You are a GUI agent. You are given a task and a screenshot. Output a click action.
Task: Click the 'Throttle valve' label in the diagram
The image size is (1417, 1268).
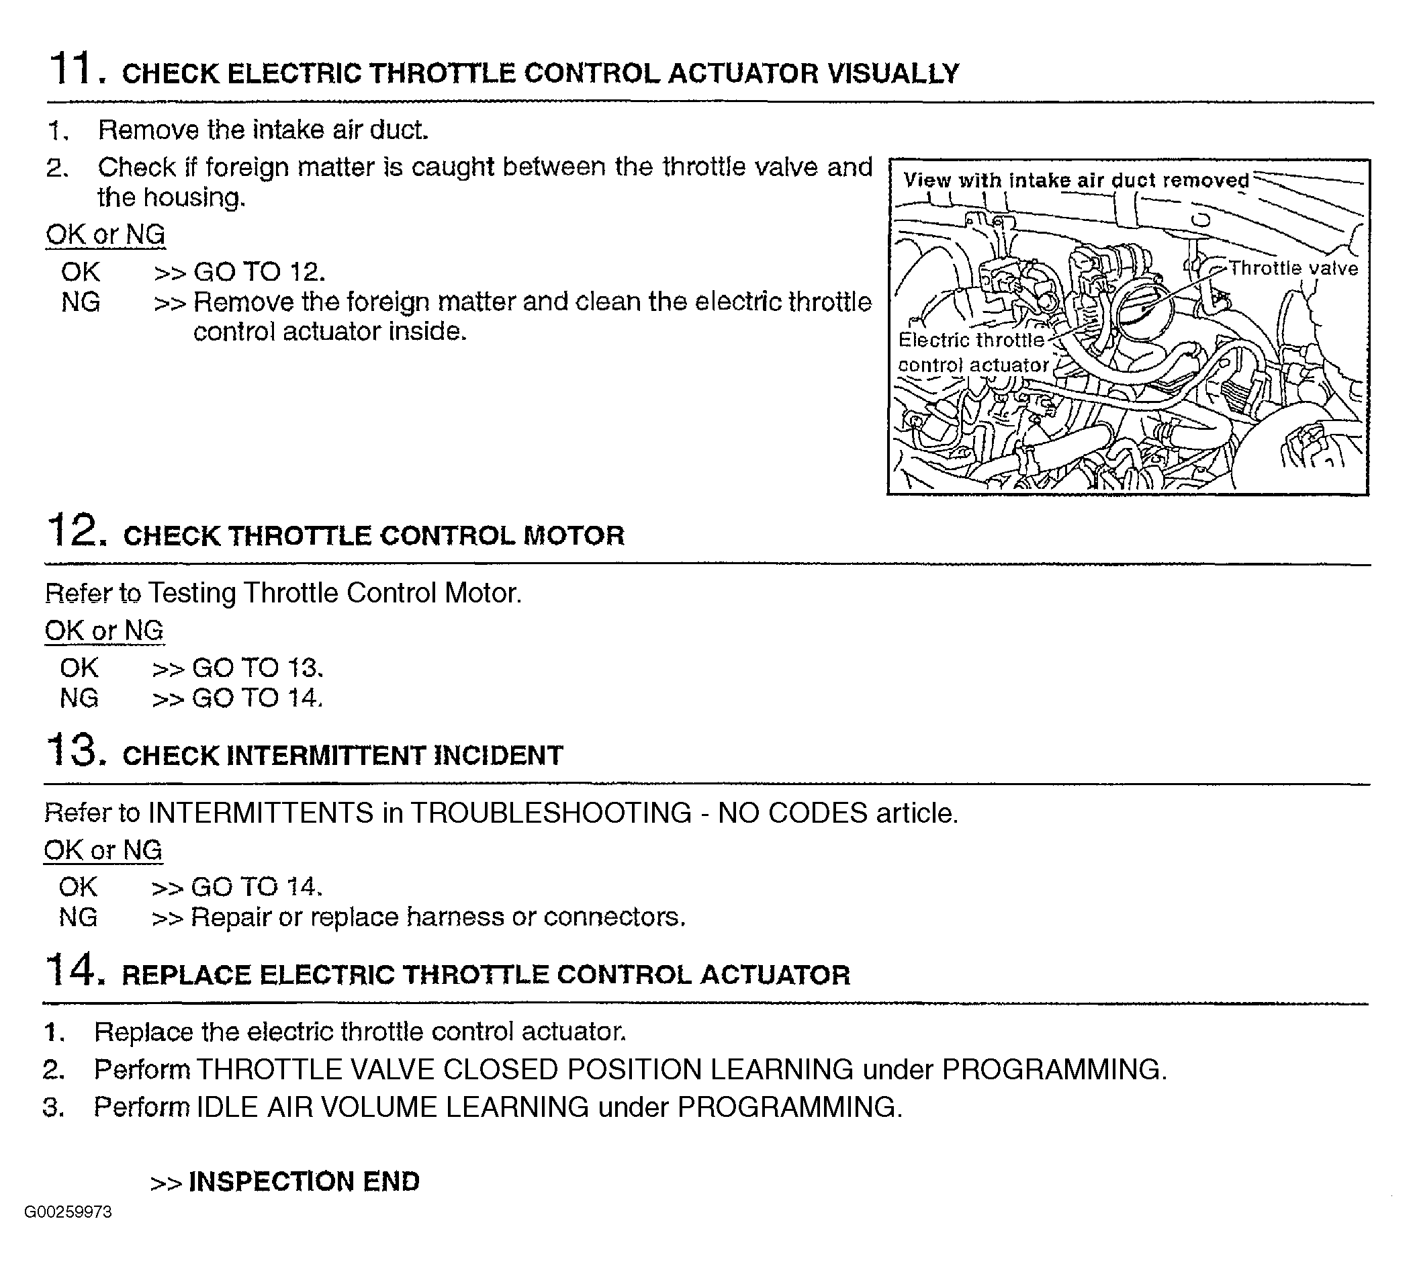pyautogui.click(x=1293, y=269)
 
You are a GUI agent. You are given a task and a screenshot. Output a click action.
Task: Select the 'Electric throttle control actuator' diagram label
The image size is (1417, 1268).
pyautogui.click(x=972, y=353)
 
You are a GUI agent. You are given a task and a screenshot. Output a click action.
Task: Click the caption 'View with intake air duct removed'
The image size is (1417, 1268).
pyautogui.click(x=1077, y=181)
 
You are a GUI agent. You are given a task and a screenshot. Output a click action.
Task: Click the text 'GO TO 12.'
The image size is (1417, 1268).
pyautogui.click(x=259, y=272)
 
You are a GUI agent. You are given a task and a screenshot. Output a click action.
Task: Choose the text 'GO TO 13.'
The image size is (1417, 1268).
pyautogui.click(x=258, y=668)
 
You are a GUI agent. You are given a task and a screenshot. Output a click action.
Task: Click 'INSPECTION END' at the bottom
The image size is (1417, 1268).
pyautogui.click(x=304, y=1181)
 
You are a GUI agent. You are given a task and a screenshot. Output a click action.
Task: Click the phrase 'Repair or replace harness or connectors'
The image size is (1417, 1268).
pyautogui.click(x=437, y=917)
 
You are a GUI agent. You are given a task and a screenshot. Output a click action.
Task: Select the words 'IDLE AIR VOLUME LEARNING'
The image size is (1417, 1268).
pyautogui.click(x=393, y=1107)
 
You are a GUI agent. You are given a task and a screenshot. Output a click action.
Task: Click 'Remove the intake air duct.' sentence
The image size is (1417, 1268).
pyautogui.click(x=263, y=130)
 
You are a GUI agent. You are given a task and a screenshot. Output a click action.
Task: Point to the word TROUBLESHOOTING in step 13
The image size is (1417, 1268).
pyautogui.click(x=551, y=813)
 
